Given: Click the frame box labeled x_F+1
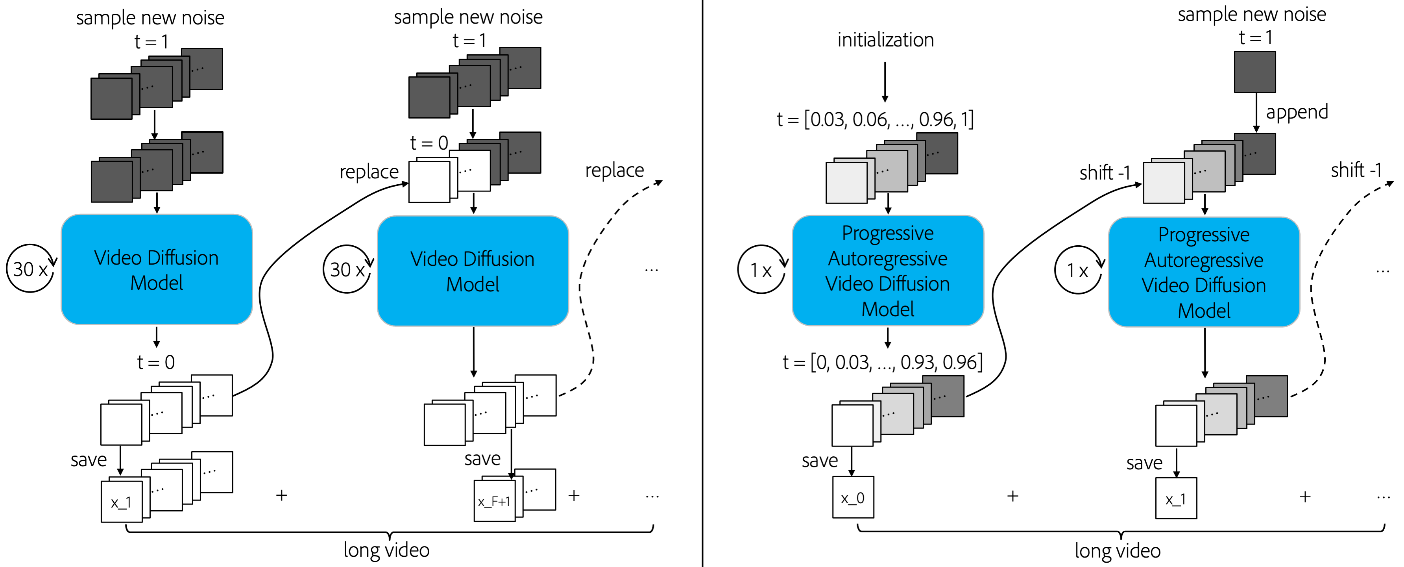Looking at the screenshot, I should pos(494,501).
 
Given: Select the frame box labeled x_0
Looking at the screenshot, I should pos(852,497).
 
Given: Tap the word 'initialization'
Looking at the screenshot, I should pos(885,40).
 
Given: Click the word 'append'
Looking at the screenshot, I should pos(1296,112).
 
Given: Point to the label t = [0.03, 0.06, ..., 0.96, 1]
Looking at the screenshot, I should pos(875,119).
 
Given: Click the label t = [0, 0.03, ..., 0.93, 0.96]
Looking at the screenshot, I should pos(882,362).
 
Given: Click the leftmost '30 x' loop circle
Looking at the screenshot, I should pos(30,268).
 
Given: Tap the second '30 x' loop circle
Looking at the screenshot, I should pos(347,269).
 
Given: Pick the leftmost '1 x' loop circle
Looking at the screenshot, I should pos(761,269).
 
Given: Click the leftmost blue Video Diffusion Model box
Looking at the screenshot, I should pos(157,269).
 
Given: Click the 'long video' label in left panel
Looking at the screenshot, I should pos(386,550).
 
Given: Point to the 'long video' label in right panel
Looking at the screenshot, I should pos(1117,550).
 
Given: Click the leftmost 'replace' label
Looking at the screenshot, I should pos(369,172).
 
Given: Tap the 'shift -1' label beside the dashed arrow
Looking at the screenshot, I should pos(1356,170).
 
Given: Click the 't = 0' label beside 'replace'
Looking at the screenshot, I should pos(429,143).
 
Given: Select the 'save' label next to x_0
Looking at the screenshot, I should pos(819,461).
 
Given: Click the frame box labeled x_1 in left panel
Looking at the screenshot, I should pos(121,502).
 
